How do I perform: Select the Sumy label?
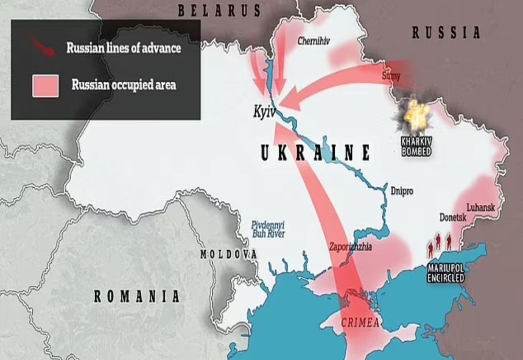click(391, 76)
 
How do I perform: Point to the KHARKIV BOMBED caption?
click(416, 146)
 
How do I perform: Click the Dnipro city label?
click(402, 191)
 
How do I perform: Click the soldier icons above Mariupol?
click(439, 243)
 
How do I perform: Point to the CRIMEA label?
click(360, 322)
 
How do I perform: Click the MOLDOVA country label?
click(229, 254)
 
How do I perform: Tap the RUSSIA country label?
click(446, 33)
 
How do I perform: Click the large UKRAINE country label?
click(315, 152)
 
